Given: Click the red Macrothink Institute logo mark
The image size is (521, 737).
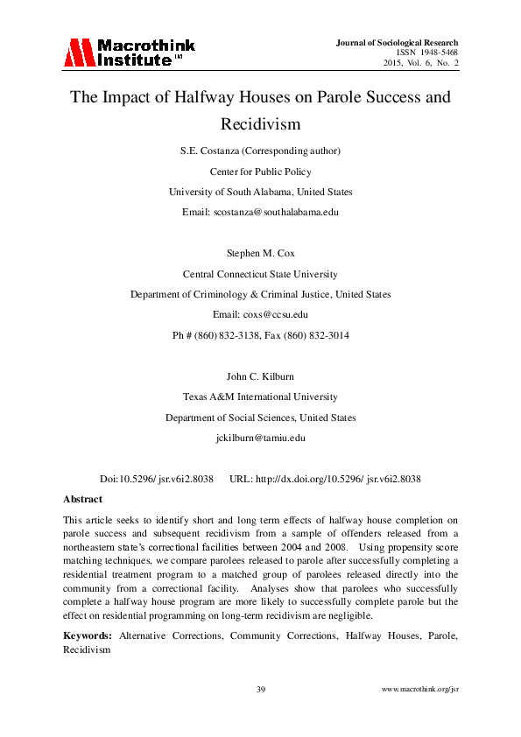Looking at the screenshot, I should (78, 53).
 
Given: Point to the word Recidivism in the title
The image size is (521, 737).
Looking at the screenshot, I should (260, 124).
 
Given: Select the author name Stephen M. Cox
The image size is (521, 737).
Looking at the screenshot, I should (260, 255).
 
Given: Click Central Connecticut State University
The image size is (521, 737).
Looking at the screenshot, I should (260, 275).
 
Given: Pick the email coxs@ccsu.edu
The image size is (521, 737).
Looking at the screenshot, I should (260, 314).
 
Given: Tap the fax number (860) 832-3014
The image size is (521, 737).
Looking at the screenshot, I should (315, 334).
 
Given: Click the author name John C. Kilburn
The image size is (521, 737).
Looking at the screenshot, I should (260, 377).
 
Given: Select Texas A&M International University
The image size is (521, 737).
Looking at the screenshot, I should (260, 397).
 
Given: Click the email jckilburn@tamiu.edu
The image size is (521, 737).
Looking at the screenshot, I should (260, 437).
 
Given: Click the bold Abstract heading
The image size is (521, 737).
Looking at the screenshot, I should (82, 498).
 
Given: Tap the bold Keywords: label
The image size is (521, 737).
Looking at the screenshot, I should (88, 635).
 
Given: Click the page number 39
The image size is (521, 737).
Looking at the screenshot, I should (260, 690).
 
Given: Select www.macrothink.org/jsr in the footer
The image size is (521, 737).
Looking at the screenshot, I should (420, 690).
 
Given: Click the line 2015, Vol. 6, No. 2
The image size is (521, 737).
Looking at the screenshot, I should (421, 63).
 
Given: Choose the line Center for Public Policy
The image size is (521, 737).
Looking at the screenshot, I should (260, 172).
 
